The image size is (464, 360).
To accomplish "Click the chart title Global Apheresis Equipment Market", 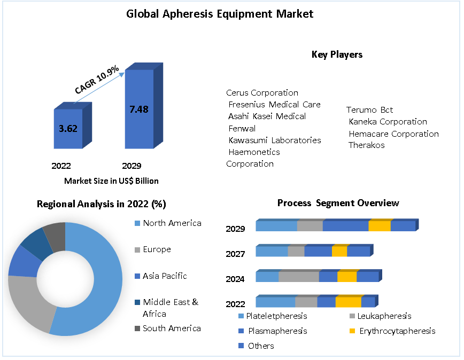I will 220,14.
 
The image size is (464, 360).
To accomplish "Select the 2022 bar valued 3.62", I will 68,129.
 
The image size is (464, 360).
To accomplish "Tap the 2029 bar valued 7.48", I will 139,109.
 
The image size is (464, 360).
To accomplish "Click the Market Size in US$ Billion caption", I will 111,181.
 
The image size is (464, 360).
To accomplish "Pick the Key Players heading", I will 337,54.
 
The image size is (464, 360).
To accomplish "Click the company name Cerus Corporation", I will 262,93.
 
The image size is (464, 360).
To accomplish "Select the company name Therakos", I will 366,145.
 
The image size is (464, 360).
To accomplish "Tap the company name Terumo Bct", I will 369,110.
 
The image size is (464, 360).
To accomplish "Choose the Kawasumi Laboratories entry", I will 275,140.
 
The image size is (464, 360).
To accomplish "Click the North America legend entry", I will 172,223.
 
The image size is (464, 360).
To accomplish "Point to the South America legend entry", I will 172,328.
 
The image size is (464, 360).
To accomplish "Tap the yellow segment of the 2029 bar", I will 380,226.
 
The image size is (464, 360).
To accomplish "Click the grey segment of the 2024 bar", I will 299,277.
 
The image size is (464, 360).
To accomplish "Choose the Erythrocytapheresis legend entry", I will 397,331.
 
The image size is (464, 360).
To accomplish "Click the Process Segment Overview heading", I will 338,204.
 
